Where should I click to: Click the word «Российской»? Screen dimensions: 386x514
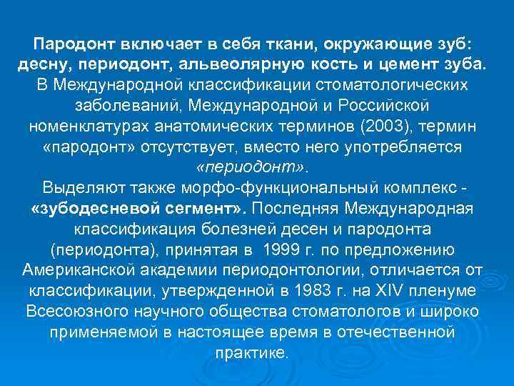point(383,106)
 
